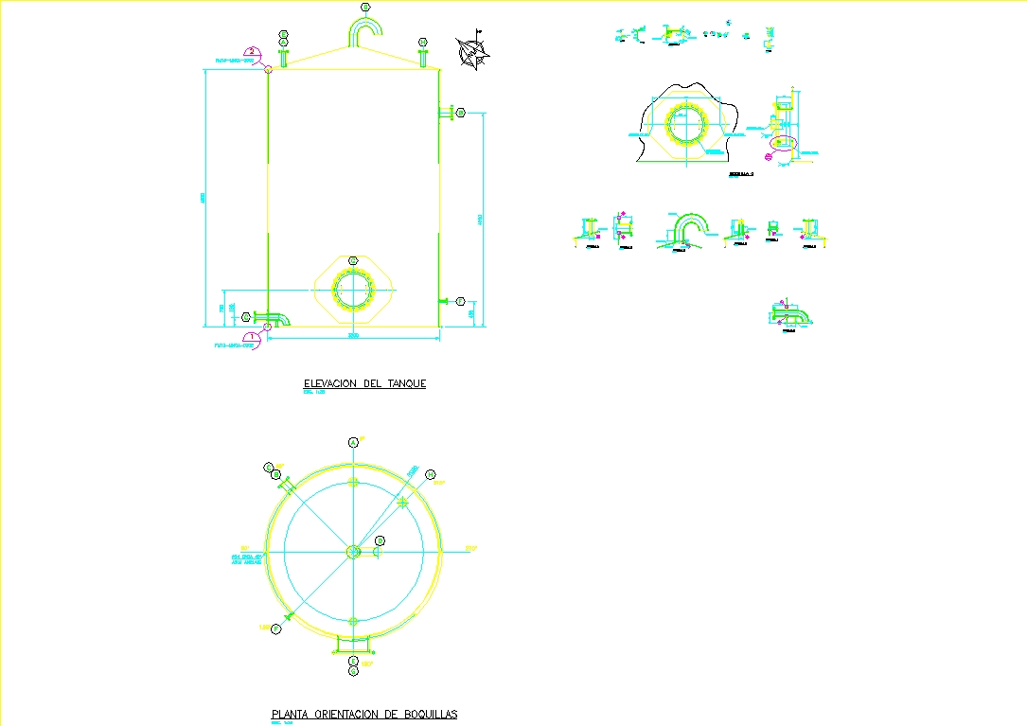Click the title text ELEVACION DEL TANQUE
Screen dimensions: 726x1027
(364, 383)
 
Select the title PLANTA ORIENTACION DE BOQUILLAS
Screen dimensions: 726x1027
(364, 714)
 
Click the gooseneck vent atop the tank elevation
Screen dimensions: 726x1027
(364, 30)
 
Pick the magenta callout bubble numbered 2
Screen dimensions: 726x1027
(252, 53)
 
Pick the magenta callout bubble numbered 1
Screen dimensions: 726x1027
(252, 336)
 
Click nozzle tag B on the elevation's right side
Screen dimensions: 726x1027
(461, 114)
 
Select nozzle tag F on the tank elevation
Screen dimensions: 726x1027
(247, 316)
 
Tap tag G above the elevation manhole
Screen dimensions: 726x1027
(353, 260)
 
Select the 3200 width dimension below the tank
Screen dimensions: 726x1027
(353, 335)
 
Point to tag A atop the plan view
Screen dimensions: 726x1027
(353, 442)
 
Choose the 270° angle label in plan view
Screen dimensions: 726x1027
(244, 549)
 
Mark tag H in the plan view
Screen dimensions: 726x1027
(269, 468)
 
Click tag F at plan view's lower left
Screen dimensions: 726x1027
(275, 629)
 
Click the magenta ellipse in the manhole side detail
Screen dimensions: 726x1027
(783, 143)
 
